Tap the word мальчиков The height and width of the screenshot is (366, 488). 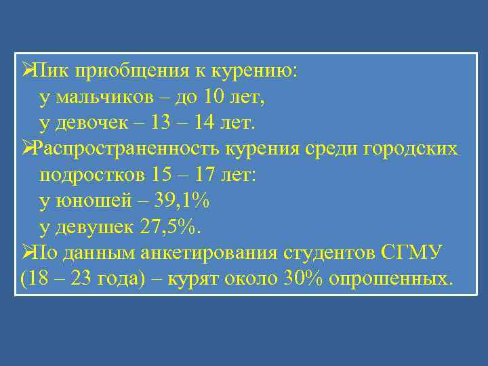click(x=104, y=97)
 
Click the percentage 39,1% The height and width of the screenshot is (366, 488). click(x=182, y=201)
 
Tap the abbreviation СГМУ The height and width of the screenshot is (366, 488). click(x=413, y=253)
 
